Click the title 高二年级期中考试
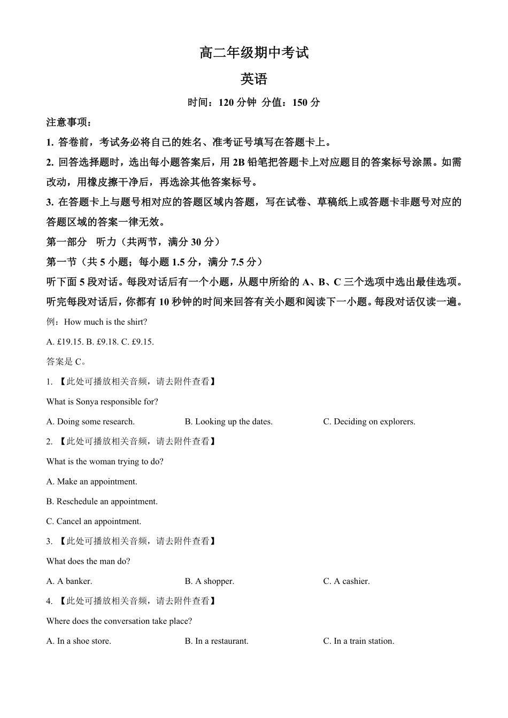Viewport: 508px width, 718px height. click(x=254, y=53)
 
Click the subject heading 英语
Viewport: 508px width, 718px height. click(x=254, y=79)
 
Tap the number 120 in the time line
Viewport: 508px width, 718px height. click(x=227, y=103)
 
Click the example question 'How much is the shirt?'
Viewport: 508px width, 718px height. click(x=105, y=322)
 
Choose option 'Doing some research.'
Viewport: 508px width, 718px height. click(x=91, y=422)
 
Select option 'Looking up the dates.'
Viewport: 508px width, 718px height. click(x=229, y=422)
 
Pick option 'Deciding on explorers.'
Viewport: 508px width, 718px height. click(x=369, y=422)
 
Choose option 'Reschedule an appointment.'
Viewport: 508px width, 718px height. click(x=102, y=501)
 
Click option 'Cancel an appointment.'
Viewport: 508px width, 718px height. click(x=94, y=521)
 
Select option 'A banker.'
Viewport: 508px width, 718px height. click(x=70, y=581)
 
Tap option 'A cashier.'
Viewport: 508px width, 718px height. click(x=347, y=581)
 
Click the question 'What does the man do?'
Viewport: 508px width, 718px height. click(x=88, y=561)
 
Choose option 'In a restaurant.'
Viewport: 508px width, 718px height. click(x=217, y=641)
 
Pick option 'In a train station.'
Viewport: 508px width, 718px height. click(x=359, y=641)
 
